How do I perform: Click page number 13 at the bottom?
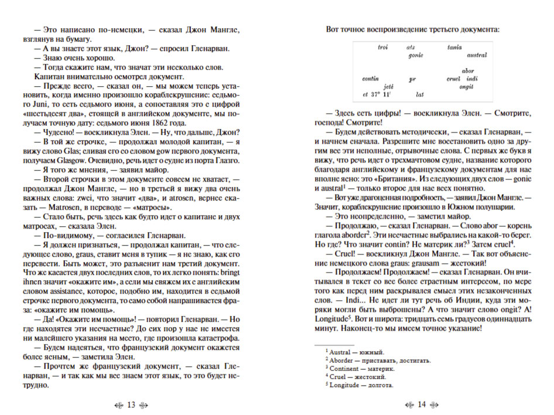131,405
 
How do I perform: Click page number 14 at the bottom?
422,405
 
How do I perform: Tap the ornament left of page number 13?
116,405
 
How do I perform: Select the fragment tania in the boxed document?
454,47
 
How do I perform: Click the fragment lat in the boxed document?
419,94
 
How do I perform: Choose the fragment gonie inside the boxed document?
415,55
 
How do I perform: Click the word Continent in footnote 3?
348,368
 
